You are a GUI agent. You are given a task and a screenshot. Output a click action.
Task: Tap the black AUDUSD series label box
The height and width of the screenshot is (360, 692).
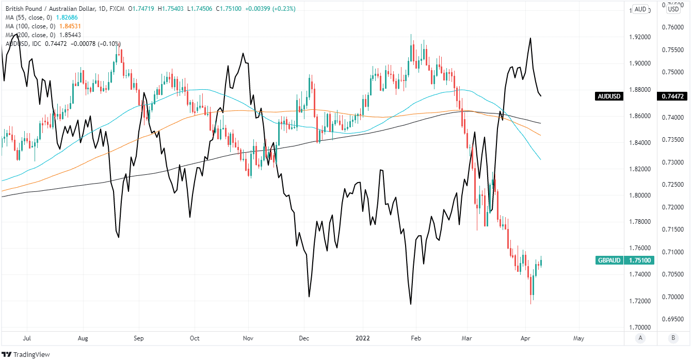609,96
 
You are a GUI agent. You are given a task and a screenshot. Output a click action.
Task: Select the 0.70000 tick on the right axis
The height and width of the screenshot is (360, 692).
673,297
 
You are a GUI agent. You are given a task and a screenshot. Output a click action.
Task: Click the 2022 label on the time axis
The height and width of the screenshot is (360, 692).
363,338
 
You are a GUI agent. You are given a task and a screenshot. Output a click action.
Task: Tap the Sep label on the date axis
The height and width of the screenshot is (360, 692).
138,338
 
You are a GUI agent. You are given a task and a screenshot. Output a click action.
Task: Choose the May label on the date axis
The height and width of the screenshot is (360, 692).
578,338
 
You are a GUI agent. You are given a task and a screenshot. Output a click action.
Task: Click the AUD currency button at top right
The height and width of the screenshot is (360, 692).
640,9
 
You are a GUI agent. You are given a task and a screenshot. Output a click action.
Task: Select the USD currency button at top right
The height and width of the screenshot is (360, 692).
673,9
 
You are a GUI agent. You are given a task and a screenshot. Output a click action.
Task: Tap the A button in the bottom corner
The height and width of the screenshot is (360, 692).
640,338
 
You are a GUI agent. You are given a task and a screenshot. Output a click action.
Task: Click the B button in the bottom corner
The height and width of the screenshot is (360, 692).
673,338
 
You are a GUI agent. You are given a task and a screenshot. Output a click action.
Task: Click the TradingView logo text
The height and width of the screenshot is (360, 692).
29,354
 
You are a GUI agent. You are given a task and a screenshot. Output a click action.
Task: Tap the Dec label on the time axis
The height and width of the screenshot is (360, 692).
303,338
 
